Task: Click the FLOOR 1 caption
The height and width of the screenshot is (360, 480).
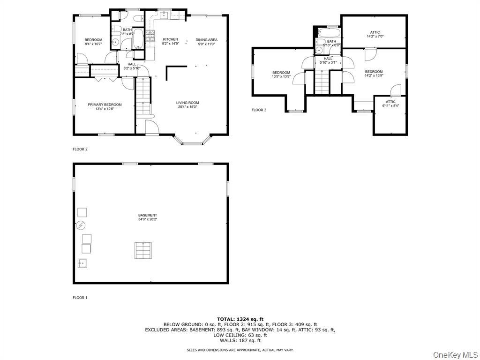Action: pos(80,298)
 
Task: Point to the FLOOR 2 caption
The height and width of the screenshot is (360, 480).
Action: pos(80,150)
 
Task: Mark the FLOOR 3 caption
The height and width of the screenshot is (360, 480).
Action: pos(259,110)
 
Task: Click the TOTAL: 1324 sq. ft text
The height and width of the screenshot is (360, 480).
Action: pos(240,319)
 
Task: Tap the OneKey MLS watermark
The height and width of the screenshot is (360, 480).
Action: pos(455,354)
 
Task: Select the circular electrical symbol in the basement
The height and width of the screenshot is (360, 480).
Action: pos(81,225)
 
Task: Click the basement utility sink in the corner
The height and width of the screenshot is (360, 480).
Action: pos(82,263)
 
